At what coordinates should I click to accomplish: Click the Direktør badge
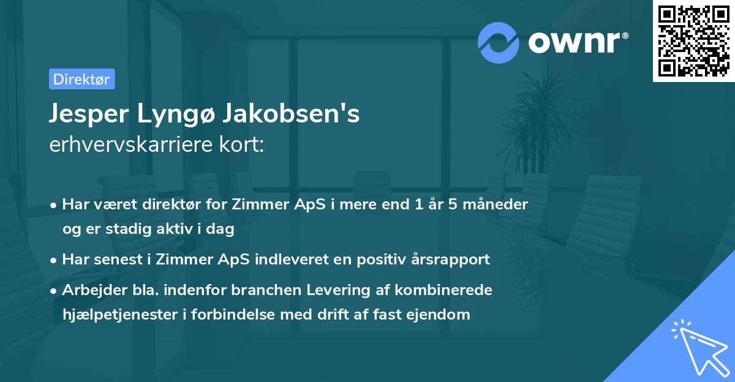point(81,79)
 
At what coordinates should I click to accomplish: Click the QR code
point(692,40)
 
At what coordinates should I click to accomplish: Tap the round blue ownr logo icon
point(498,42)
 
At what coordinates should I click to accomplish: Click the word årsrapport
point(453,260)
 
